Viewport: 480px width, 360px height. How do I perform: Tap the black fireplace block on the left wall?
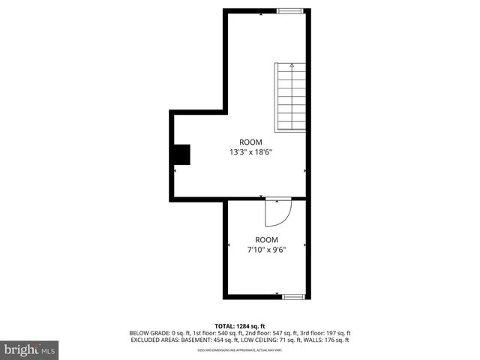tap(181, 154)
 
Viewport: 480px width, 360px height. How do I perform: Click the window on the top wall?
tap(290, 10)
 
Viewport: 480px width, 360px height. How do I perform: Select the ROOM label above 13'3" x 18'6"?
tap(250, 142)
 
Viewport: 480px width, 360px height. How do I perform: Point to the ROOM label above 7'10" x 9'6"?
tap(266, 239)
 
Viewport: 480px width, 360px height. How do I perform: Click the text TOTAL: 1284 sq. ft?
tap(240, 325)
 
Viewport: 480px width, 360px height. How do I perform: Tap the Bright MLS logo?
tap(30, 349)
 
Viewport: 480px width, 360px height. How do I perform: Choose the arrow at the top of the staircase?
tap(292, 66)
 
